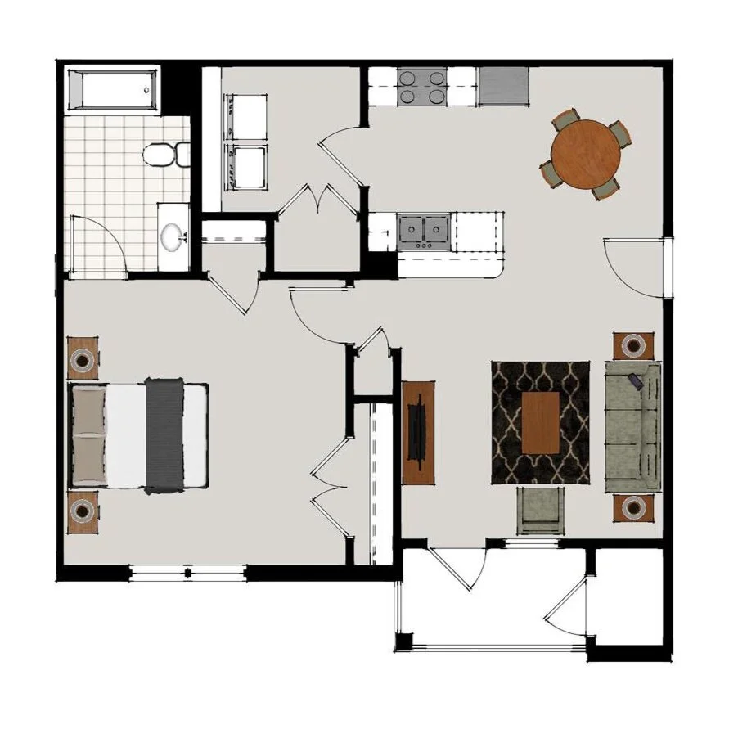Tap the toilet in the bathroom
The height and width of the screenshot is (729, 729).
tap(164, 154)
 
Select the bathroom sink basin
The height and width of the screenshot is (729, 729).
tap(173, 237)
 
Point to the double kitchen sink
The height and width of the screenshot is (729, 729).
tap(425, 230)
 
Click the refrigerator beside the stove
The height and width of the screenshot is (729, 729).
tap(503, 86)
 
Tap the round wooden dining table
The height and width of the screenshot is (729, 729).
tap(586, 155)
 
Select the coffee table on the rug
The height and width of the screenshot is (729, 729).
tap(541, 422)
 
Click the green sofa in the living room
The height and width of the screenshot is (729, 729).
tap(632, 426)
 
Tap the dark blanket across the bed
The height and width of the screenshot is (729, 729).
tap(164, 435)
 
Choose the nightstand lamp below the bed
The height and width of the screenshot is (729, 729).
tap(83, 511)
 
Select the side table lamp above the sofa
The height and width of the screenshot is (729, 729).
tap(634, 346)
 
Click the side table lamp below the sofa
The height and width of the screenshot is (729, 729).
tap(634, 507)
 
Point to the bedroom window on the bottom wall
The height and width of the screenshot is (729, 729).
tap(188, 573)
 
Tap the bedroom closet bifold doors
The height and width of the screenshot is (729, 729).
tap(331, 484)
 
